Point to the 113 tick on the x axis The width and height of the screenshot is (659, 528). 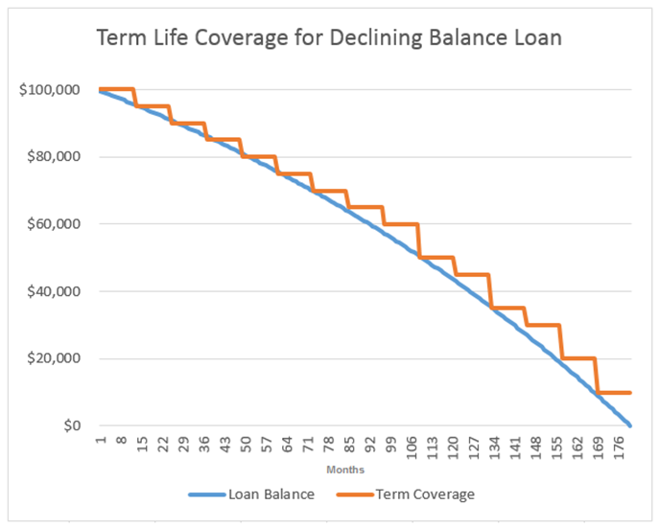(433, 446)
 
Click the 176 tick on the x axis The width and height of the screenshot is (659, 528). (619, 446)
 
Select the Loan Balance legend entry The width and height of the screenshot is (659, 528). (258, 494)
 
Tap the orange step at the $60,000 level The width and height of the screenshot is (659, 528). (401, 224)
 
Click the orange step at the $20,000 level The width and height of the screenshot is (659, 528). (578, 358)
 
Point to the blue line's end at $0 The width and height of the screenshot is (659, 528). (629, 425)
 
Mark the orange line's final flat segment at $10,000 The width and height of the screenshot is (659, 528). (614, 392)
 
